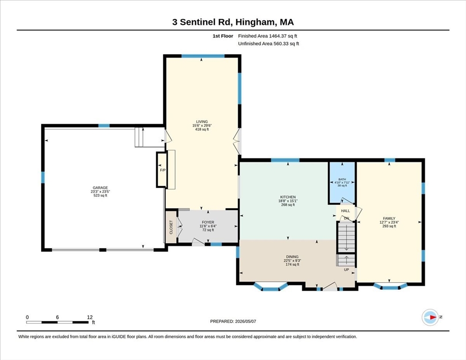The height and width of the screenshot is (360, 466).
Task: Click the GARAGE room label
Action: tap(100, 188)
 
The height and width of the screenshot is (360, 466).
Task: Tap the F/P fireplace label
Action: tap(163, 170)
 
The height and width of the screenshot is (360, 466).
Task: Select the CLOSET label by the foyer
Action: tap(171, 227)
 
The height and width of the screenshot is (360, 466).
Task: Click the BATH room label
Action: tap(342, 179)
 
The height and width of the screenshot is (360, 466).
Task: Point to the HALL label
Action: tap(346, 211)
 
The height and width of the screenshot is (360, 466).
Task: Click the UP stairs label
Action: tap(346, 270)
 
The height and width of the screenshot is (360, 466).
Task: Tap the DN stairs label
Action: tap(346, 218)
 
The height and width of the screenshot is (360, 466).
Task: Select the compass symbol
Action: tap(430, 317)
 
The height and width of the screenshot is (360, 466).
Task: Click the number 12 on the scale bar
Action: tap(90, 317)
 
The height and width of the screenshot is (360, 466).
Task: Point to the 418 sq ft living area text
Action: tap(202, 129)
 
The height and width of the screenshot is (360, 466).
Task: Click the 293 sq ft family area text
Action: tap(389, 226)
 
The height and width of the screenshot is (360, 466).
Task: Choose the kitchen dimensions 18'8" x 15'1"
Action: tap(288, 201)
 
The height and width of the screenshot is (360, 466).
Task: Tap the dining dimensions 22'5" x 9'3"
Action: tap(293, 261)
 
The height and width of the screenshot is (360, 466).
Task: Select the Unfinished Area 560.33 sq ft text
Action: tap(268, 44)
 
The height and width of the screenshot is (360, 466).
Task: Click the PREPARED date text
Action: tap(233, 322)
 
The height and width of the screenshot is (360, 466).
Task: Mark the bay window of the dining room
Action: tap(271, 287)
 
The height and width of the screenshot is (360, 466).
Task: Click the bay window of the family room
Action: tap(390, 286)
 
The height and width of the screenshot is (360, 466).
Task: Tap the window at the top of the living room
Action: tap(203, 56)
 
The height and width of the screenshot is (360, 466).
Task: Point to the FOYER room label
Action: tap(208, 222)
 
